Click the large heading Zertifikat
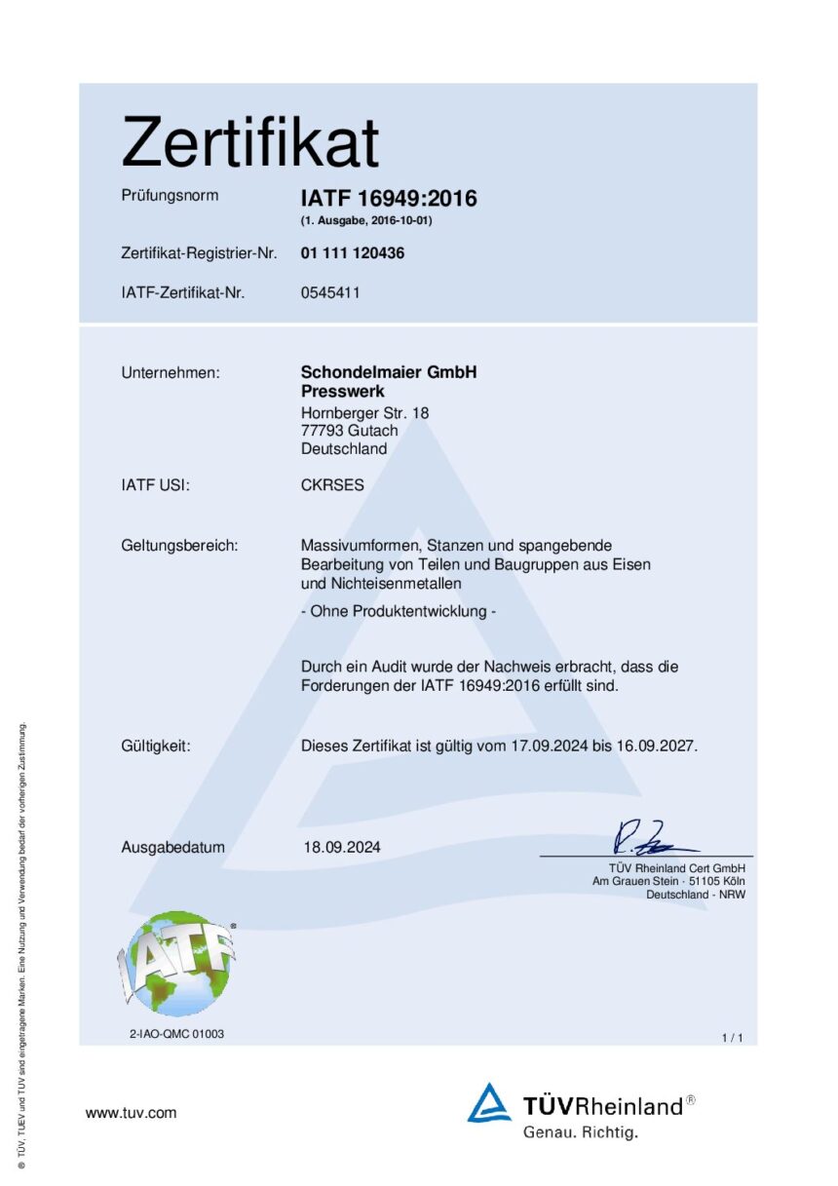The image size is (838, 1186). point(249,142)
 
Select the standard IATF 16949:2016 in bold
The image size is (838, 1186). point(389,199)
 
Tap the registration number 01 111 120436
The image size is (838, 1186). point(353,253)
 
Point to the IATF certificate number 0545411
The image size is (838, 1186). point(330,291)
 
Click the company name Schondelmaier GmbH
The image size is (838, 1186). point(389,372)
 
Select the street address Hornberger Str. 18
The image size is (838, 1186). point(364,413)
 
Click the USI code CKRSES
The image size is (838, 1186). point(332,484)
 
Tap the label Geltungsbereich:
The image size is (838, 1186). point(179,546)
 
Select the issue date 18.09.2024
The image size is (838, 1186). point(342,847)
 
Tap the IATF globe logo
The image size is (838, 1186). point(176,963)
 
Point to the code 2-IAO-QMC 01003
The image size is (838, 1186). point(176,1034)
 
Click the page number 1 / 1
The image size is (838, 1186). point(732,1038)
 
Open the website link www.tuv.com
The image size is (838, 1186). point(131,1113)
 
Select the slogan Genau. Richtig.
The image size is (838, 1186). point(580,1132)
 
